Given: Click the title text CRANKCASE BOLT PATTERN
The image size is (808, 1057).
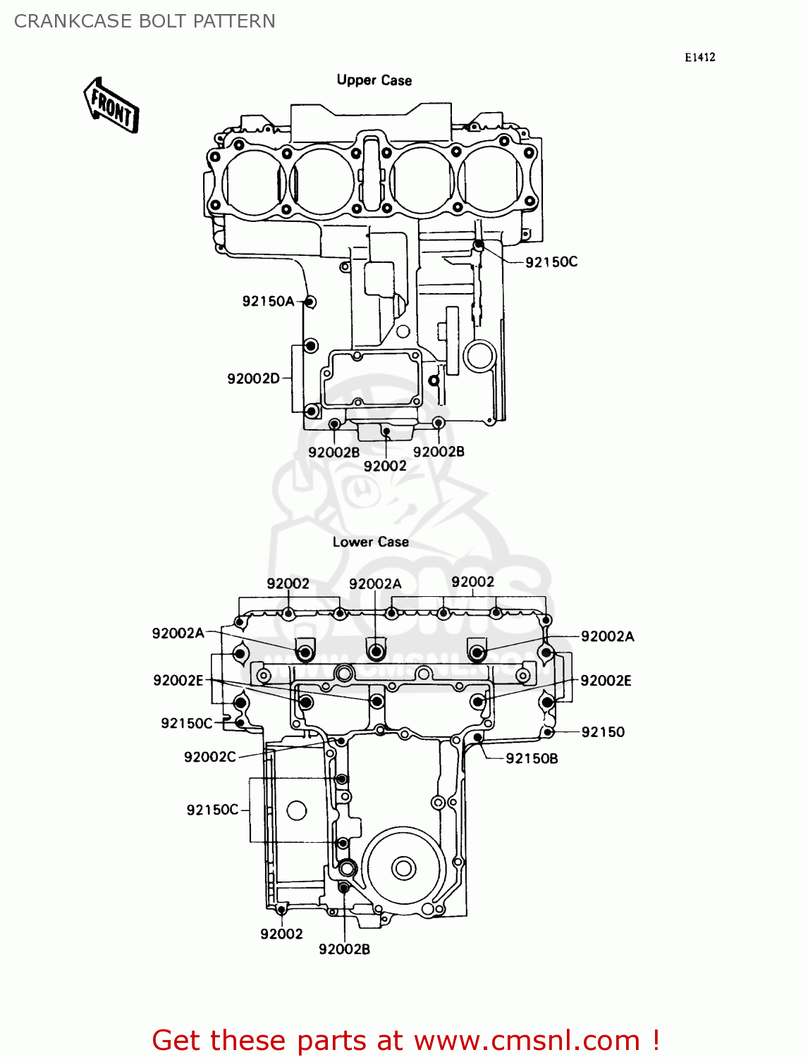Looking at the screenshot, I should [145, 21].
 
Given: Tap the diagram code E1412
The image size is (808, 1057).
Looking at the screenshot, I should [699, 58].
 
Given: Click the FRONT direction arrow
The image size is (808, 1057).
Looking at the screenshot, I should [111, 106].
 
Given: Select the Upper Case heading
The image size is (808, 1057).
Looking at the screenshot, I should [374, 80].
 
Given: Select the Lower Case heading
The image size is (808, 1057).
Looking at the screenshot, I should [370, 542].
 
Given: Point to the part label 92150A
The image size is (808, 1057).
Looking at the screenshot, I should [268, 302].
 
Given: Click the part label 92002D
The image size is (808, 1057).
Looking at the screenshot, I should [253, 378].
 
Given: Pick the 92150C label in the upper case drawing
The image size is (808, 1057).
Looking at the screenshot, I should [551, 262].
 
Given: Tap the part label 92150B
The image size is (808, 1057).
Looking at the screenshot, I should [532, 758].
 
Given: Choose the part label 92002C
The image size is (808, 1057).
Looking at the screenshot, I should [210, 757].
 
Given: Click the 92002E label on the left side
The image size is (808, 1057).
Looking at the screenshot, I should [178, 680].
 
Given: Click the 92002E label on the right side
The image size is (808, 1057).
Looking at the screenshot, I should [606, 681].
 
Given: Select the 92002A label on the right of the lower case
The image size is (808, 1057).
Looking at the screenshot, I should [607, 636].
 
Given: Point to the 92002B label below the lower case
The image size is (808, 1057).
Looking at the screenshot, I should [344, 949].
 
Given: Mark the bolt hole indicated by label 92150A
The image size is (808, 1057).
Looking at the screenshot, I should [310, 302].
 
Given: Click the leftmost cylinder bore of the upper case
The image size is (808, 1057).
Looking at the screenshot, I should [253, 181].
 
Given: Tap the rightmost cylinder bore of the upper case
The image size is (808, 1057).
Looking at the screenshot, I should [491, 180].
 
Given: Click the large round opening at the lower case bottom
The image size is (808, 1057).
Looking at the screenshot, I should [403, 867].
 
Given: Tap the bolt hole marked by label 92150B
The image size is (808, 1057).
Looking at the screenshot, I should [478, 738].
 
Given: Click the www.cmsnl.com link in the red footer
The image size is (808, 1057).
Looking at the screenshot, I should [527, 1040].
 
